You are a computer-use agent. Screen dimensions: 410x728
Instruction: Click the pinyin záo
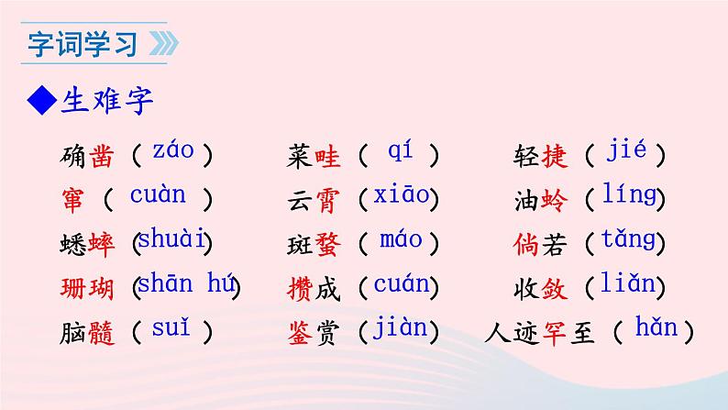[x=173, y=150]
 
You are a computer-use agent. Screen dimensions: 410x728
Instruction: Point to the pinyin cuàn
[x=158, y=194]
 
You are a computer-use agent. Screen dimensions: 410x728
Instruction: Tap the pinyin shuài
[x=172, y=240]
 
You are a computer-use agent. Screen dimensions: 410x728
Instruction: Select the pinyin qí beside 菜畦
[x=400, y=150]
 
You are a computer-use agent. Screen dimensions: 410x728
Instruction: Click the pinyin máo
[x=402, y=240]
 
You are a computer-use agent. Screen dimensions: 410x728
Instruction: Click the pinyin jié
[x=627, y=150]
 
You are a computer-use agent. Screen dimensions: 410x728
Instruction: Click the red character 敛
[x=555, y=289]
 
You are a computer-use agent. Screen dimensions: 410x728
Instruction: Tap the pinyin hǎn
[x=653, y=327]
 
